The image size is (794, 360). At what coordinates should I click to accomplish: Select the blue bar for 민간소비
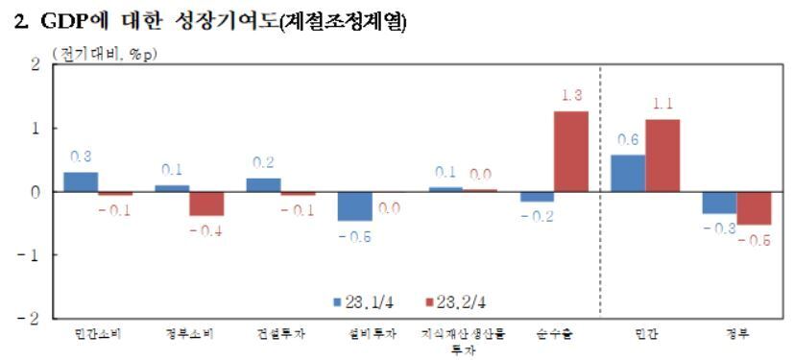click(x=81, y=181)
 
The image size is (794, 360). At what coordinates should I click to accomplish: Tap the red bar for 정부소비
click(x=206, y=203)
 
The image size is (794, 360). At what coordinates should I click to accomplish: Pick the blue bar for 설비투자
click(x=354, y=205)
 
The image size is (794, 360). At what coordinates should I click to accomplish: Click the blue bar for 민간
click(x=628, y=173)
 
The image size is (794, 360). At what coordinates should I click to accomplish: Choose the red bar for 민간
click(x=662, y=155)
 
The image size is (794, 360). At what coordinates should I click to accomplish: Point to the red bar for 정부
click(x=754, y=207)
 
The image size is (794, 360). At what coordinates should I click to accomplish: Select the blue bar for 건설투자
click(x=263, y=184)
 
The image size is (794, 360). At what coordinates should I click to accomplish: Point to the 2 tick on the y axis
click(x=36, y=64)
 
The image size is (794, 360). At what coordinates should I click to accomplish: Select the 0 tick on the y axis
click(x=36, y=191)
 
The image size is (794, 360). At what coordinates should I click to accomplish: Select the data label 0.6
click(x=629, y=140)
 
